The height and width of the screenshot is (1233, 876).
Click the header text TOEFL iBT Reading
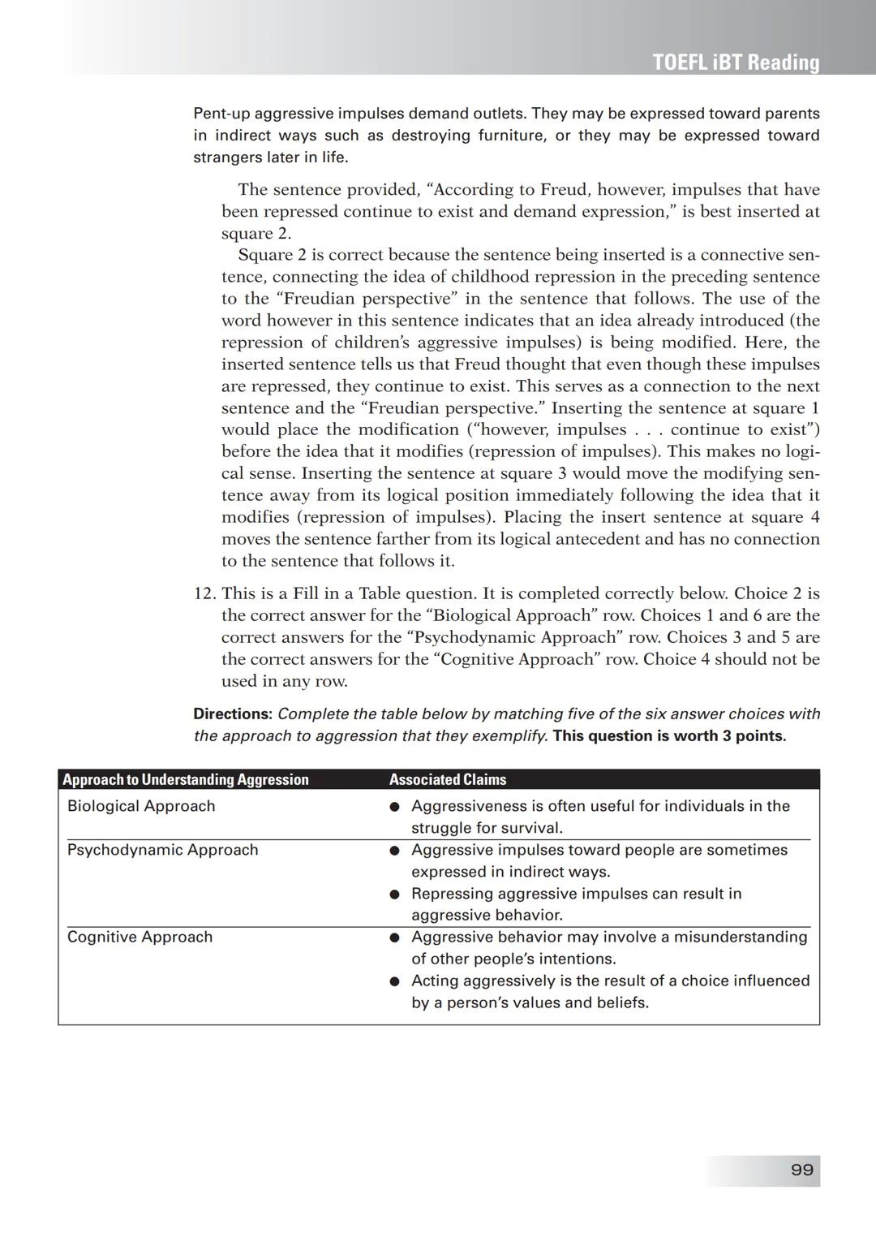(x=736, y=63)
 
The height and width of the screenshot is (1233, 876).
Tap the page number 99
(x=801, y=1170)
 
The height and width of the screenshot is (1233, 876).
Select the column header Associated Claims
(x=447, y=779)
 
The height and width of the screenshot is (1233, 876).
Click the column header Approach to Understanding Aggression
(x=186, y=779)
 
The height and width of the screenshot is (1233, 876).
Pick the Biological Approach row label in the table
(x=141, y=806)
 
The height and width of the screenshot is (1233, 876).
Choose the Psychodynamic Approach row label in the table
(x=162, y=850)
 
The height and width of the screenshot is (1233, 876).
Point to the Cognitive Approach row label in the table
(x=140, y=937)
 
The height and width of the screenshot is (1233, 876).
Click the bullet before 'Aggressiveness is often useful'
(x=394, y=807)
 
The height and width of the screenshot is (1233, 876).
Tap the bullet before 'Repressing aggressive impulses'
(x=394, y=895)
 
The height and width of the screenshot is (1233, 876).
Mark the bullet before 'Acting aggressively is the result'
(x=394, y=981)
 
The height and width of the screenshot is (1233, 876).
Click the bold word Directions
(x=232, y=714)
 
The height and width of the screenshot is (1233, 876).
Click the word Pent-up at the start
(x=221, y=114)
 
